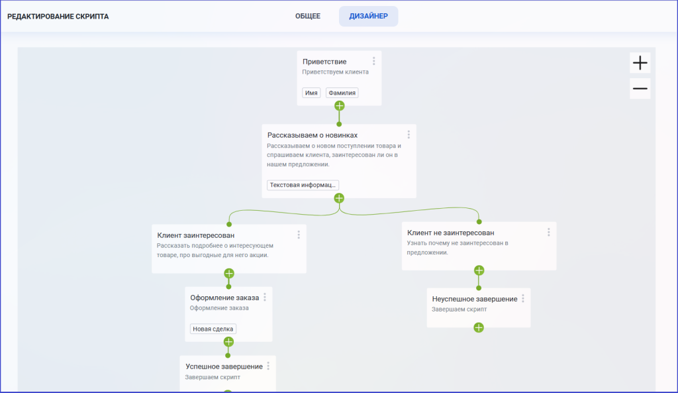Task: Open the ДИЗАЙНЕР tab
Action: click(368, 16)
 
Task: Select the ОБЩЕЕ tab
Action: click(307, 16)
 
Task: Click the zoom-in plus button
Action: click(640, 63)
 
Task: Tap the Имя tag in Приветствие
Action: click(311, 93)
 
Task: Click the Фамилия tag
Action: click(342, 93)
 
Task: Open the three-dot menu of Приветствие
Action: click(374, 61)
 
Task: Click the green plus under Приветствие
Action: click(340, 105)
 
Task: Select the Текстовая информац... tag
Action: click(303, 185)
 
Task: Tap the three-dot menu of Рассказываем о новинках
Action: click(409, 135)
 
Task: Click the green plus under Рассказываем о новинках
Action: click(339, 198)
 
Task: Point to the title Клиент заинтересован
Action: click(196, 235)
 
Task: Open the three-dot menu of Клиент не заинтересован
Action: click(549, 233)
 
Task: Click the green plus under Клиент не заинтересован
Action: click(479, 270)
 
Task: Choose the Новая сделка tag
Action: click(213, 329)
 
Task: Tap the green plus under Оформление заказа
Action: click(228, 342)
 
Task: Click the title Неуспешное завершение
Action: click(475, 299)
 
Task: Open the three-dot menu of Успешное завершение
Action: click(269, 366)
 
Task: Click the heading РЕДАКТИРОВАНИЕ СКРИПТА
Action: click(58, 17)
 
